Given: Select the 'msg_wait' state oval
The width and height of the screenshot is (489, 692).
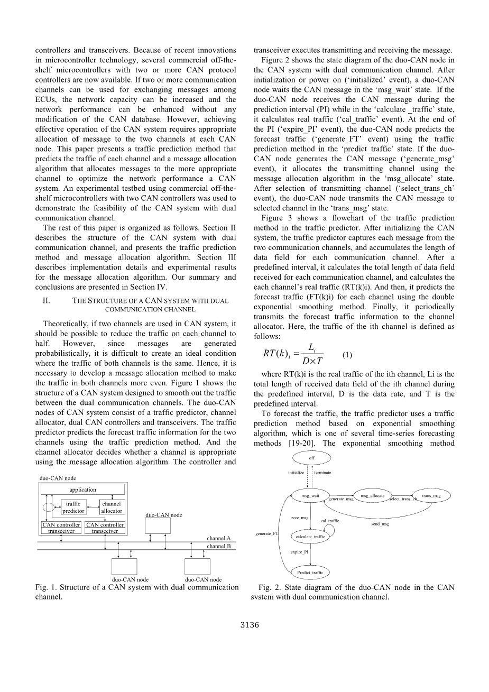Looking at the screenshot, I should coord(310,496).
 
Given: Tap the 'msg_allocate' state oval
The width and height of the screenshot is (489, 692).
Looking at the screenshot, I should coord(372,495).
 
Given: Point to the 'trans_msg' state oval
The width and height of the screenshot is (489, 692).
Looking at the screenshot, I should coord(431,495).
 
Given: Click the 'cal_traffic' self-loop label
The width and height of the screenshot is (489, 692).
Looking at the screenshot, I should coord(330,521).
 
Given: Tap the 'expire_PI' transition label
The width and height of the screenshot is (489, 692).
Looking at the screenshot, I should coord(299,551).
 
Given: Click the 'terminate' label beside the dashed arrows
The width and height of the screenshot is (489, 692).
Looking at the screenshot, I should coord(323,472).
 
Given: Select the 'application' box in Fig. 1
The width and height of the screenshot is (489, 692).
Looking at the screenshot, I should coord(83,490).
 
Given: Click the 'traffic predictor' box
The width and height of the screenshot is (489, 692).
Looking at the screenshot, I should coord(73,508).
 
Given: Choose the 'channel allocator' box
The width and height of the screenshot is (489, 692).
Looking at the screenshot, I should coord(112,508).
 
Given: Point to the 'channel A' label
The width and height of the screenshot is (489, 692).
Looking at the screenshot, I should coord(219,538).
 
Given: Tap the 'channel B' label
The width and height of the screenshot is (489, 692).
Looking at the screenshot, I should coord(219,546).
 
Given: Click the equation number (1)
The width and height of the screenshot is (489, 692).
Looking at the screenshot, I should coord(347,355).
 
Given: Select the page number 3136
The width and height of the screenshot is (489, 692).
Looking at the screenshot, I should coord(250,625).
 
